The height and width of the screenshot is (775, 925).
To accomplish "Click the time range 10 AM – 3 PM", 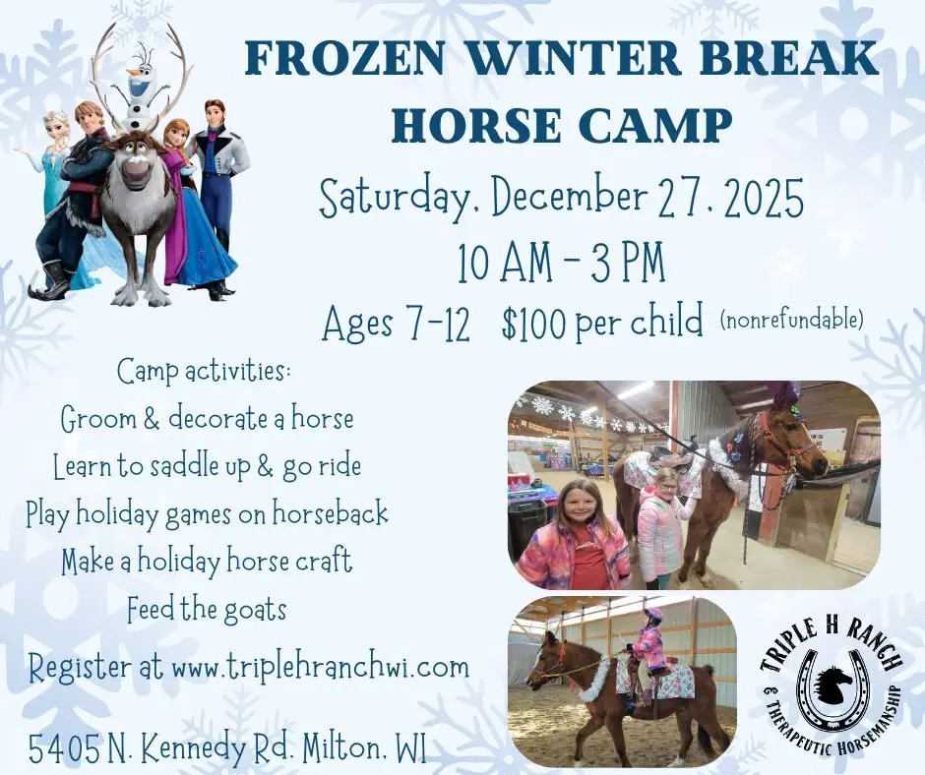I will point(560,263).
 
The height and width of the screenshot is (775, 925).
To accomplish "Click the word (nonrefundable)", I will point(792,319).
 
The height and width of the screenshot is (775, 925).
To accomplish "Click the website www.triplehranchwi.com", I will point(320,667).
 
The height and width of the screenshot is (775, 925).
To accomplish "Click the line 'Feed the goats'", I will point(207,610).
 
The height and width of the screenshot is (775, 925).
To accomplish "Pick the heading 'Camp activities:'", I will point(205,372).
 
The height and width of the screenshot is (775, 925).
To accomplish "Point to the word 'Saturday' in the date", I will point(399,200).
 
